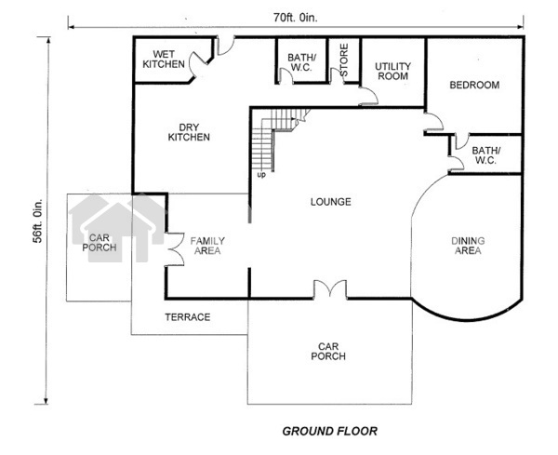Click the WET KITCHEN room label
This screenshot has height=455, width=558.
point(164,60)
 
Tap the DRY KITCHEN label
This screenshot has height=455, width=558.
point(189,132)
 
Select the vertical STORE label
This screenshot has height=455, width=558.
point(344,60)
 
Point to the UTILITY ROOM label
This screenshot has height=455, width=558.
point(392,72)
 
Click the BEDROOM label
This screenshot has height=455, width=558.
point(474,85)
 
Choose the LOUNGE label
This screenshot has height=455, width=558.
point(330,202)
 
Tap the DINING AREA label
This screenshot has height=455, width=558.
point(468,246)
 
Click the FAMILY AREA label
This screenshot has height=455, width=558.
point(207,246)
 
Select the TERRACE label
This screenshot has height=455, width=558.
point(188,317)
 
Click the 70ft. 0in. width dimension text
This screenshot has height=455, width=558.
point(296,18)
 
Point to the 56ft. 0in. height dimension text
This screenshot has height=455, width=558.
point(38,221)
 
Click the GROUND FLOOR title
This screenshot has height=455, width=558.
point(329,431)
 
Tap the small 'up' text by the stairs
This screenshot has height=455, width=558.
point(261,175)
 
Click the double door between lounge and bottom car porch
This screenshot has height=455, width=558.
point(330,289)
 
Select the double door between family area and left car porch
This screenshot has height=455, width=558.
point(175,249)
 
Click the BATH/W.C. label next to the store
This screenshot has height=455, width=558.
point(301,62)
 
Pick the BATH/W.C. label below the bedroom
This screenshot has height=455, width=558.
point(485,155)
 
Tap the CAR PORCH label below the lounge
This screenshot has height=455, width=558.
point(328,351)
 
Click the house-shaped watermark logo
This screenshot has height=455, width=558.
point(117,228)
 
